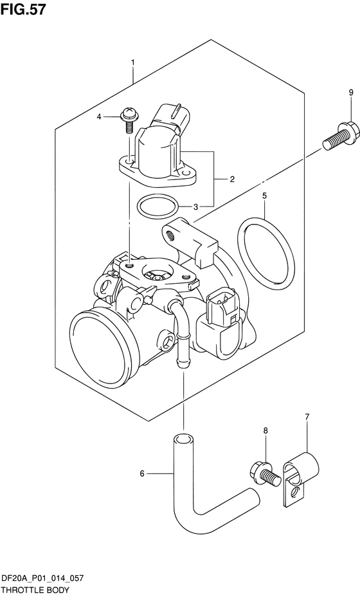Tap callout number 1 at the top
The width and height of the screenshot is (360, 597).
pyautogui.click(x=132, y=62)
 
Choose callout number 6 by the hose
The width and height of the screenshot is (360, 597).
pyautogui.click(x=142, y=475)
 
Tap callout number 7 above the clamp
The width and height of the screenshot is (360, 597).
pyautogui.click(x=307, y=418)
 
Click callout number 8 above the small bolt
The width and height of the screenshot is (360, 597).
pyautogui.click(x=265, y=430)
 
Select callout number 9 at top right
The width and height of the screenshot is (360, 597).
pyautogui.click(x=350, y=93)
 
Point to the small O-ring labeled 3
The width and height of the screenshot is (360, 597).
pyautogui.click(x=157, y=207)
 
